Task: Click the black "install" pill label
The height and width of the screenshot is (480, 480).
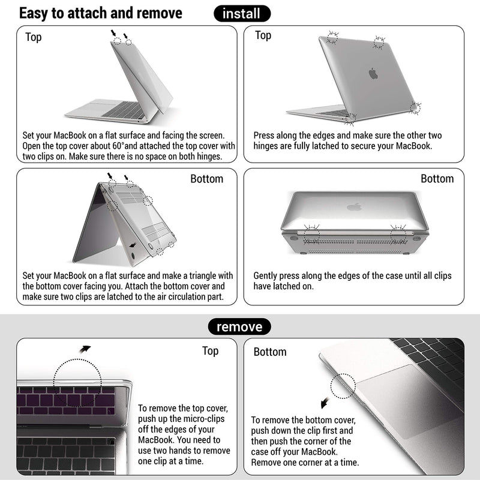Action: click(242, 13)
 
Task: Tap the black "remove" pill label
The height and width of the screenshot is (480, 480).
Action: click(239, 327)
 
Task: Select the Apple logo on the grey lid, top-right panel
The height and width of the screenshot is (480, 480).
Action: click(373, 74)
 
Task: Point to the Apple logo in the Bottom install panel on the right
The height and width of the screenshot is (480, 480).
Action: click(355, 207)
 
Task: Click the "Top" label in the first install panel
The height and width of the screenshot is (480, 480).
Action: click(34, 37)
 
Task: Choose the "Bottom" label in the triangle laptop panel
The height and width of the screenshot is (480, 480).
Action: click(206, 179)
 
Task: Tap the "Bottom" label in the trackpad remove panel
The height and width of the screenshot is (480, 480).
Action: click(270, 352)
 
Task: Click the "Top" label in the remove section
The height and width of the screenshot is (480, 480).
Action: click(210, 351)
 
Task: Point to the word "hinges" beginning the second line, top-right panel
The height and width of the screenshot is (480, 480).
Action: click(268, 146)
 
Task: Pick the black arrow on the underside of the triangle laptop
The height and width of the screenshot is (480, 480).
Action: click(133, 245)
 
